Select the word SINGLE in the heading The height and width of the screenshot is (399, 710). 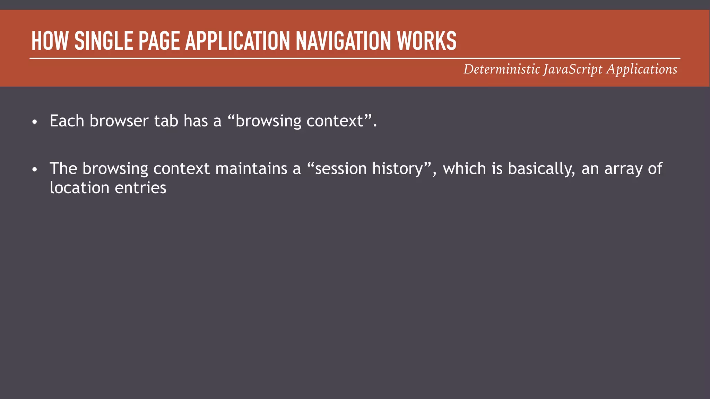pyautogui.click(x=104, y=41)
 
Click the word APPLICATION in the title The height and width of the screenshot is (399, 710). pyautogui.click(x=238, y=41)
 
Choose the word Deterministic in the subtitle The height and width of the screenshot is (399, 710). pyautogui.click(x=502, y=69)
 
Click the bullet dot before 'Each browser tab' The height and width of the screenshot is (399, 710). pyautogui.click(x=34, y=122)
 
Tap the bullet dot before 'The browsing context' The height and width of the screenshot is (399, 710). pyautogui.click(x=34, y=170)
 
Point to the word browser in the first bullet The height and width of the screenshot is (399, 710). pyautogui.click(x=119, y=121)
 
